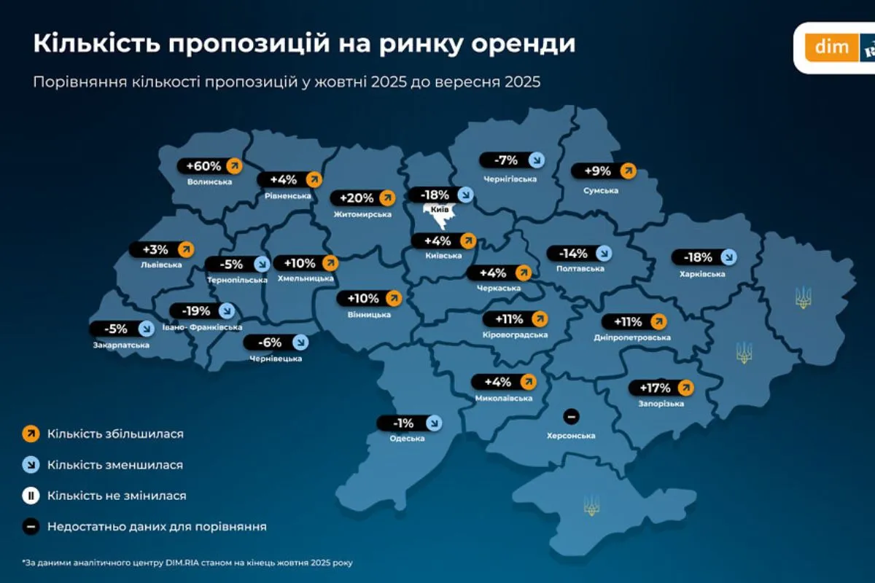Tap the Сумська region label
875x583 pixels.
pyautogui.click(x=601, y=191)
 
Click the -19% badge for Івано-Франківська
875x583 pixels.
pyautogui.click(x=195, y=311)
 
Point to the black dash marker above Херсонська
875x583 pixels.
pyautogui.click(x=572, y=416)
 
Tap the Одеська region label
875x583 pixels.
pyautogui.click(x=407, y=438)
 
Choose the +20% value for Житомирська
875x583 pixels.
pyautogui.click(x=357, y=197)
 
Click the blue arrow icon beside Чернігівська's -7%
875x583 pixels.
pyautogui.click(x=536, y=160)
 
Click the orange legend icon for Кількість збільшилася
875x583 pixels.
pyautogui.click(x=31, y=434)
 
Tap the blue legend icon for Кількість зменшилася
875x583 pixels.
pyautogui.click(x=31, y=464)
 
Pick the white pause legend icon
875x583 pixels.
pyautogui.click(x=31, y=496)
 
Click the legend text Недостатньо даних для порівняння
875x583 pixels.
pyautogui.click(x=157, y=526)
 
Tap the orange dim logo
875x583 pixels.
pyautogui.click(x=832, y=47)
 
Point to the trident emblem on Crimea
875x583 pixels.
pyautogui.click(x=591, y=505)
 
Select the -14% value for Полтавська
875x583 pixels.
pyautogui.click(x=572, y=254)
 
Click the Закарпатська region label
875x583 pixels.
pyautogui.click(x=121, y=345)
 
